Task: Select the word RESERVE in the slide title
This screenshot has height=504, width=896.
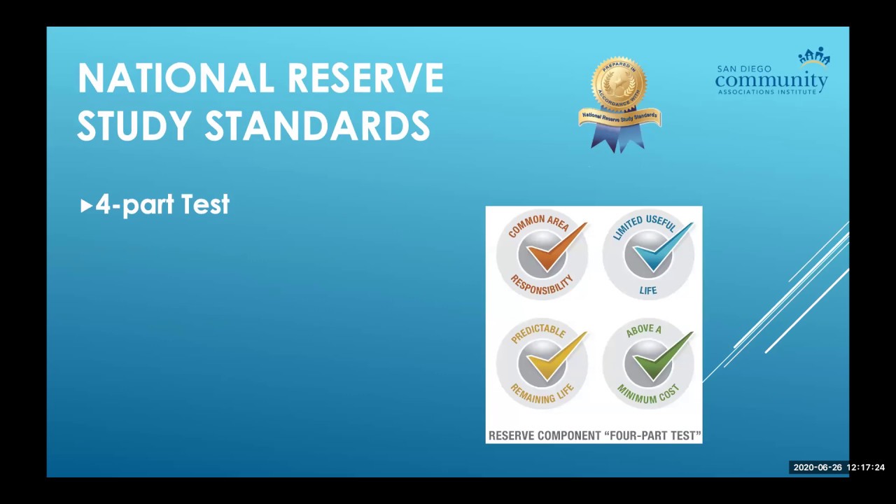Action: coord(365,78)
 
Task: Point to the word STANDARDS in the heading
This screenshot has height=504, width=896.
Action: coord(317,126)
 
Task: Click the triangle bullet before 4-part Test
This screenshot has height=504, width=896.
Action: coord(86,205)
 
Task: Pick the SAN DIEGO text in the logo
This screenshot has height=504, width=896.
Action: coord(743,69)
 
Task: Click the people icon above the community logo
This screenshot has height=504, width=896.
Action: coord(814,57)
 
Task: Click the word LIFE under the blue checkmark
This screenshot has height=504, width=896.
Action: coord(648,290)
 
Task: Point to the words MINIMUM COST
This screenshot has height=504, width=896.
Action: coord(648,394)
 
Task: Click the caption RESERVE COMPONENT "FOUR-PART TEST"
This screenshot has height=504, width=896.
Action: coord(594,435)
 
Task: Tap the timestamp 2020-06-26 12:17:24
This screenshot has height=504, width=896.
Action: coord(839,468)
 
